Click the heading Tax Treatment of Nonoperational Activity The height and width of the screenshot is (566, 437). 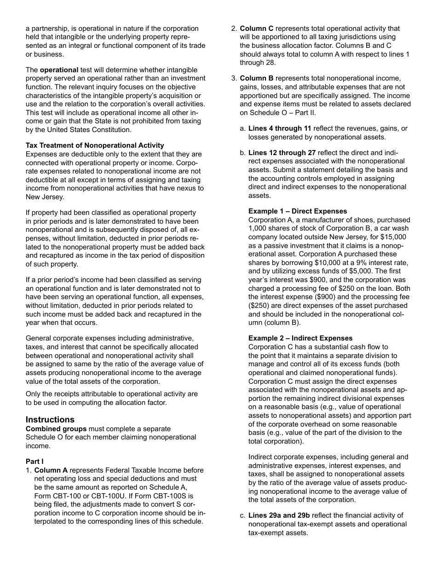[x=95, y=145]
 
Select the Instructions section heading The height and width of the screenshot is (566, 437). [x=50, y=420]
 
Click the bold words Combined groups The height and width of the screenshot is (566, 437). [x=56, y=429]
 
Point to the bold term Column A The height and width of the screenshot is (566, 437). [x=51, y=470]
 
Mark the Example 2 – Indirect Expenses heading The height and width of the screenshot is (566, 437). [x=300, y=338]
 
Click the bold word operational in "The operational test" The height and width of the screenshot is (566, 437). [x=59, y=70]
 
